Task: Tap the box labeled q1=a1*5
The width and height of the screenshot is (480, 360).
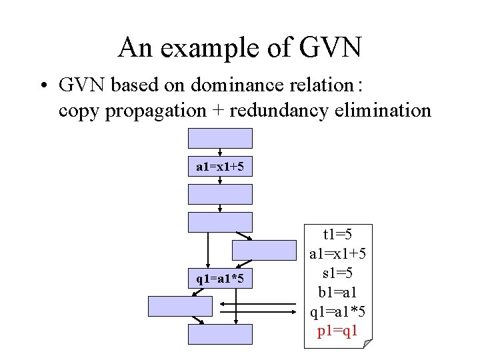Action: (221, 278)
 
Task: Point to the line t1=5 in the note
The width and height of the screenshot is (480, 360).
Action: (337, 234)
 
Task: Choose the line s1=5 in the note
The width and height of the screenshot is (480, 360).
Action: (337, 273)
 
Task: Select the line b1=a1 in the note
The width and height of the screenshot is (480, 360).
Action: (337, 292)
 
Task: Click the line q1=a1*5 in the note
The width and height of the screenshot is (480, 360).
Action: (337, 311)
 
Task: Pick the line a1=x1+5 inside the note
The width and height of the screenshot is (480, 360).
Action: (337, 253)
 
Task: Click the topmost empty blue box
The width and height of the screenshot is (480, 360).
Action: (221, 138)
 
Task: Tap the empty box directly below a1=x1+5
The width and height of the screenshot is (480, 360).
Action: (221, 194)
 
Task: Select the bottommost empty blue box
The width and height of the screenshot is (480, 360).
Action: (221, 334)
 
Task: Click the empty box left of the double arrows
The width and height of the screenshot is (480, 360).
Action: (180, 306)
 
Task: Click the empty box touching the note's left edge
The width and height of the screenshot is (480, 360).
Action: (265, 249)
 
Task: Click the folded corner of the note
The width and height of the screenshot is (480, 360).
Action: (367, 343)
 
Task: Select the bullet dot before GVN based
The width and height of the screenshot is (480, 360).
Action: (43, 86)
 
